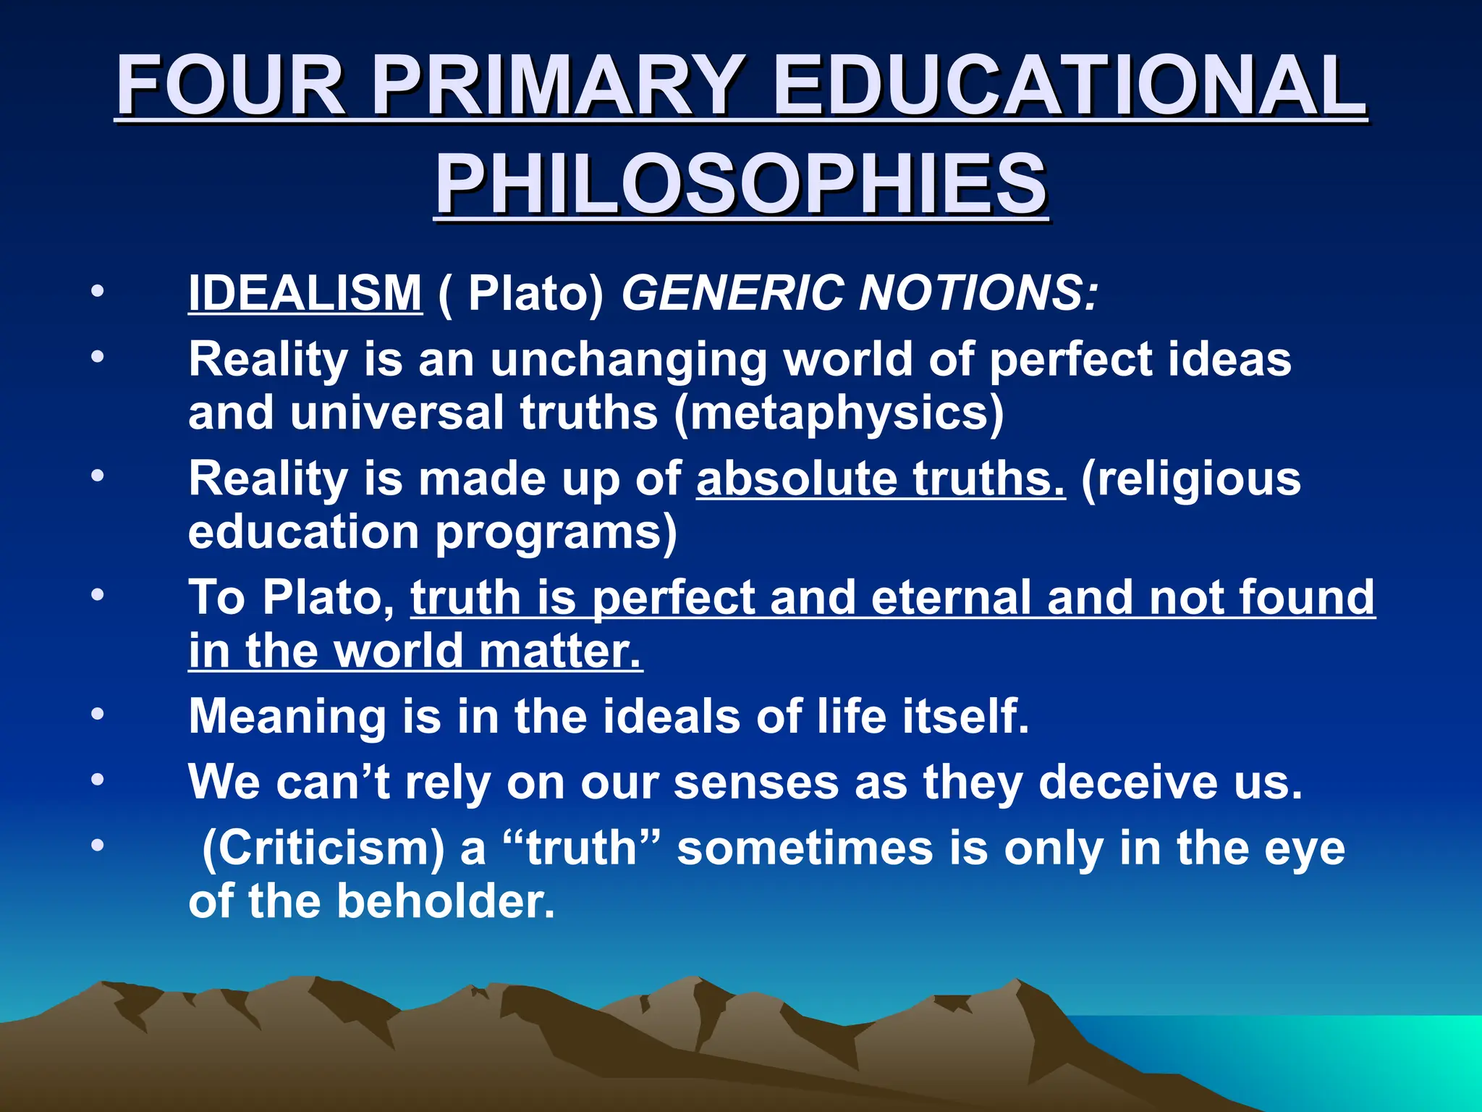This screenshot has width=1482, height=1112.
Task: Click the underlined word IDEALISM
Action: [305, 293]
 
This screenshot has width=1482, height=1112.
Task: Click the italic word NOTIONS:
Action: [978, 293]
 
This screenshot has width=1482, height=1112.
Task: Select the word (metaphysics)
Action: [839, 413]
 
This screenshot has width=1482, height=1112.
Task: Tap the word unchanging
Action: [629, 360]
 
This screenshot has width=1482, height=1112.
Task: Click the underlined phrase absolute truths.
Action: [881, 479]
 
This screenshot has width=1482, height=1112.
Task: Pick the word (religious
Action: [1191, 479]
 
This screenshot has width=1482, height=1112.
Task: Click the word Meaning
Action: [287, 717]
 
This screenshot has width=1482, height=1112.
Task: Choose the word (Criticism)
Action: [323, 848]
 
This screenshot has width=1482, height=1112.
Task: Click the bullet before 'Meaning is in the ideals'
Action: [98, 714]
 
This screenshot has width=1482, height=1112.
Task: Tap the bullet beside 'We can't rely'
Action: [98, 780]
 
